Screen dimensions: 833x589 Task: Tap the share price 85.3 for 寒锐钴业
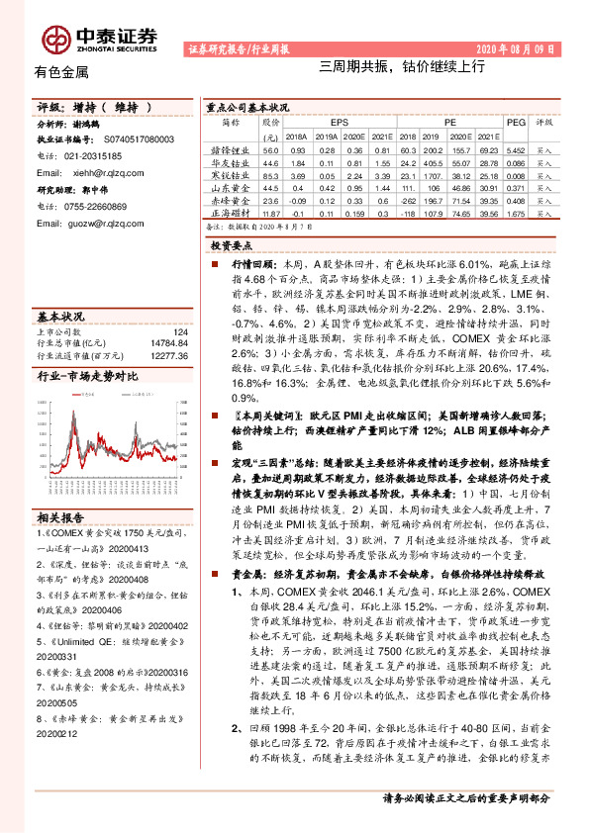pos(270,173)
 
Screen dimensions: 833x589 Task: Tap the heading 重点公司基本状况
pos(247,105)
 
